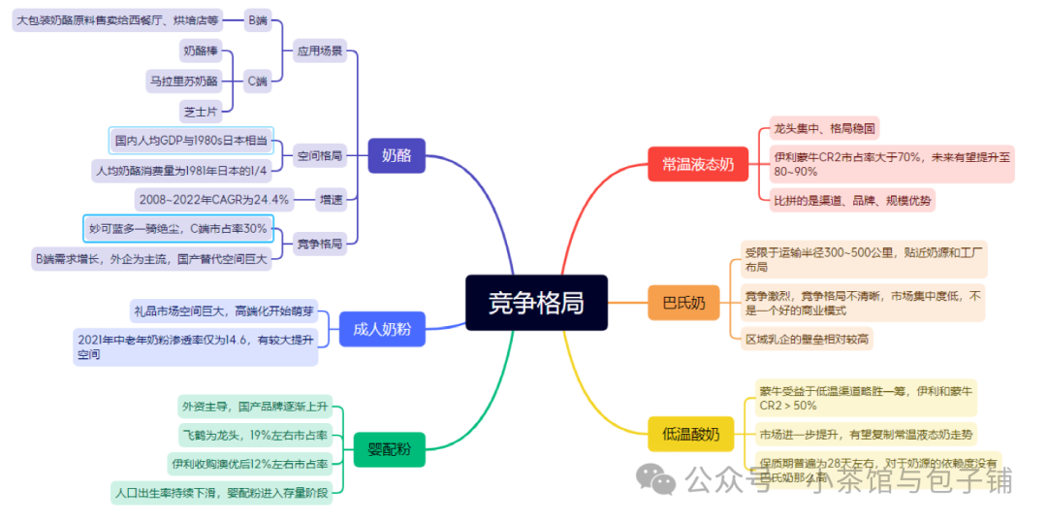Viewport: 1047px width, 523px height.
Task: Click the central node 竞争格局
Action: click(x=535, y=301)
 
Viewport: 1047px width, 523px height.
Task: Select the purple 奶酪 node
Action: click(x=397, y=155)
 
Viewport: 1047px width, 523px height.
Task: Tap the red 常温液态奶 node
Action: click(x=691, y=164)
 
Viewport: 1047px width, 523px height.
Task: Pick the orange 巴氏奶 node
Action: click(x=683, y=303)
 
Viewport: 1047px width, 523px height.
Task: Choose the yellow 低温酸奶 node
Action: click(x=690, y=434)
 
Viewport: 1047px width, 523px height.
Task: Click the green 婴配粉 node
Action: click(x=389, y=449)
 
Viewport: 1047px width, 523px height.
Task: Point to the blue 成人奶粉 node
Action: click(x=382, y=330)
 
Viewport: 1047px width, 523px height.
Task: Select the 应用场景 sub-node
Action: click(x=320, y=50)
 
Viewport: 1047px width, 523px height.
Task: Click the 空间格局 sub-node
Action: click(x=319, y=155)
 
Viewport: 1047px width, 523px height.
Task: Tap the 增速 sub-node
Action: click(x=332, y=200)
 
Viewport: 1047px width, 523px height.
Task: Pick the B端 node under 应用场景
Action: click(x=258, y=19)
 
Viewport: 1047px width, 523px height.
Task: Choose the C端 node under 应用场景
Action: click(x=258, y=82)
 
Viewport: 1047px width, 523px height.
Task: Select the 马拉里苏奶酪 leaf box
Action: click(x=182, y=82)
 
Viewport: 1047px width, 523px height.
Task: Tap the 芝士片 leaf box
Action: click(x=201, y=112)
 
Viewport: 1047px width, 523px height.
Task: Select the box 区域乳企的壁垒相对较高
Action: click(x=807, y=340)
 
